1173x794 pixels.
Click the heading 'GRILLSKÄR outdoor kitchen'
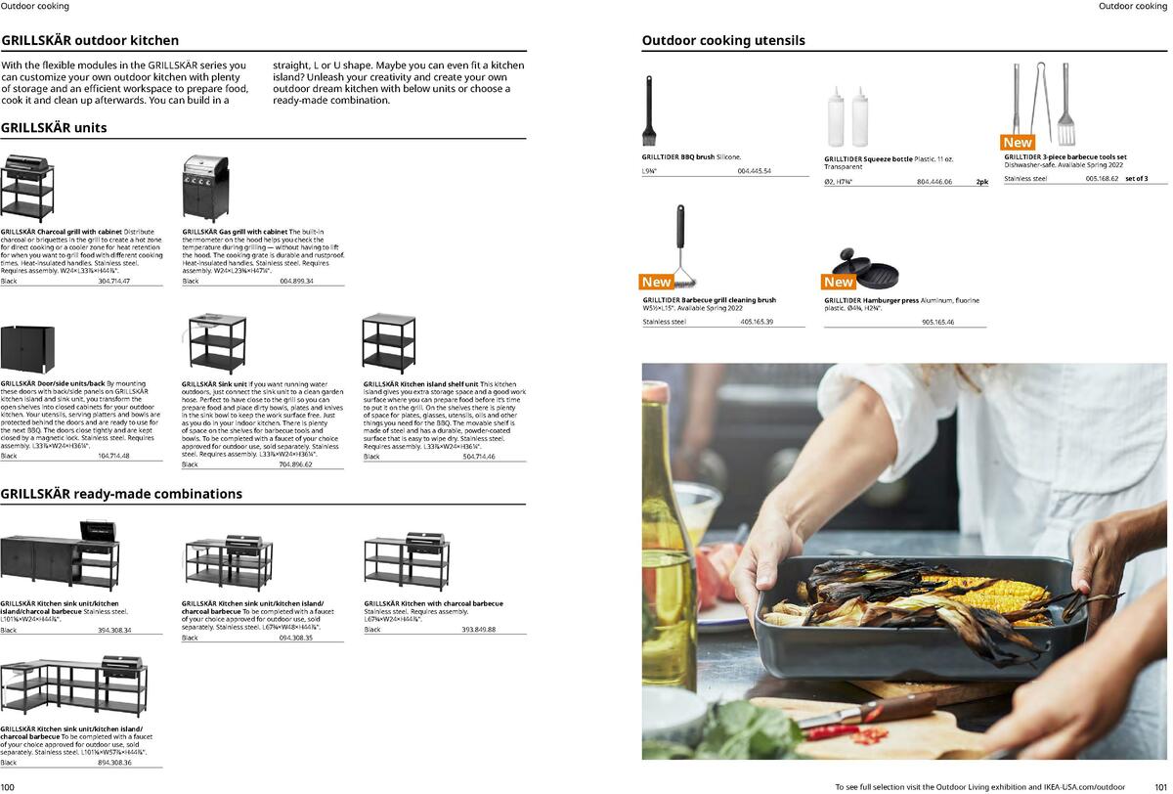tap(90, 41)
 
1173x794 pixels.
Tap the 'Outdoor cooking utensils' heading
tap(723, 41)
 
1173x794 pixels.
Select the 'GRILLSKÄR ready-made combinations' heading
tap(121, 494)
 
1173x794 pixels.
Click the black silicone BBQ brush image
tap(648, 110)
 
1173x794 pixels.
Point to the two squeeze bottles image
tap(847, 116)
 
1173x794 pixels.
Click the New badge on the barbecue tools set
tap(1018, 143)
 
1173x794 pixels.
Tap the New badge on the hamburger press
tap(839, 282)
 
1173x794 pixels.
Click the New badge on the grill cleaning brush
tap(657, 282)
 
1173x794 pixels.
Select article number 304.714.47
tap(113, 282)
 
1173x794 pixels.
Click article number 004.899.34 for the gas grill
tap(296, 282)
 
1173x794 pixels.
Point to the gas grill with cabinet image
tap(205, 189)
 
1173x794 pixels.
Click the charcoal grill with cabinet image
tap(26, 188)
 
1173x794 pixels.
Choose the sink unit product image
tap(218, 344)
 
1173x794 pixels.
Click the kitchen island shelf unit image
tap(388, 343)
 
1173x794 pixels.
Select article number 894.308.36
tap(114, 763)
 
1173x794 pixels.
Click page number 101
tap(1160, 787)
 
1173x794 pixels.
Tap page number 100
tap(8, 787)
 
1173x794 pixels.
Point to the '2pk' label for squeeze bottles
tap(981, 182)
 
